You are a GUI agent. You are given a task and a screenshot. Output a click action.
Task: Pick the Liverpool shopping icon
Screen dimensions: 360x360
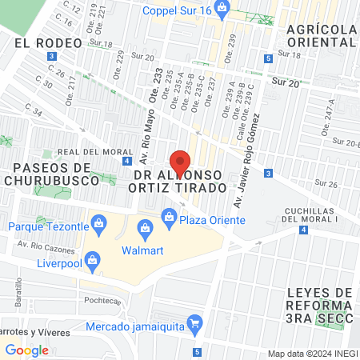[x=93, y=261]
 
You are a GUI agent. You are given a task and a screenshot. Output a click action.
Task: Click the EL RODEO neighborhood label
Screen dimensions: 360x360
[x=48, y=42]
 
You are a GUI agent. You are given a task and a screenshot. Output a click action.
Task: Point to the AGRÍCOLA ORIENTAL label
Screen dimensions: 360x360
[x=320, y=37]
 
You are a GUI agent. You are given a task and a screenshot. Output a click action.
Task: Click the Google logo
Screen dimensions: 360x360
[x=26, y=350]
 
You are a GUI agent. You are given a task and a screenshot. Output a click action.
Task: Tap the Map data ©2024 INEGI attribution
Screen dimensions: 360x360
[x=311, y=354]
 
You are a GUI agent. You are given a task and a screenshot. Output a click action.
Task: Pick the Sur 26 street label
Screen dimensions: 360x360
[x=326, y=183]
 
